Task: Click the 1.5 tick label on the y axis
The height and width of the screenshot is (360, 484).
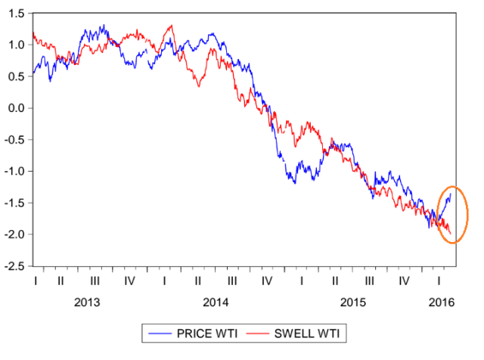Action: point(16,13)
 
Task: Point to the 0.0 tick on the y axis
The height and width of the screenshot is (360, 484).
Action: point(16,108)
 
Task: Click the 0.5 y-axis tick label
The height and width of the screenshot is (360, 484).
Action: point(16,76)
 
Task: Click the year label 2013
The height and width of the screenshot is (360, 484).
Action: point(86,303)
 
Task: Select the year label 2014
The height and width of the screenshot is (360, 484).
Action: point(216,303)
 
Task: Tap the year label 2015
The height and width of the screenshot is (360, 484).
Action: point(352,303)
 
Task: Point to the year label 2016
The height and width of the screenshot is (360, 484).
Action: point(441,303)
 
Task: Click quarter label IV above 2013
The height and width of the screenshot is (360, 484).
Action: point(129,281)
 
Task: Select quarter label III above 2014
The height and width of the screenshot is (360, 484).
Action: point(231,281)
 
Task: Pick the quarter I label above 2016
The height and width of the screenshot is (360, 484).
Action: point(439,281)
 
